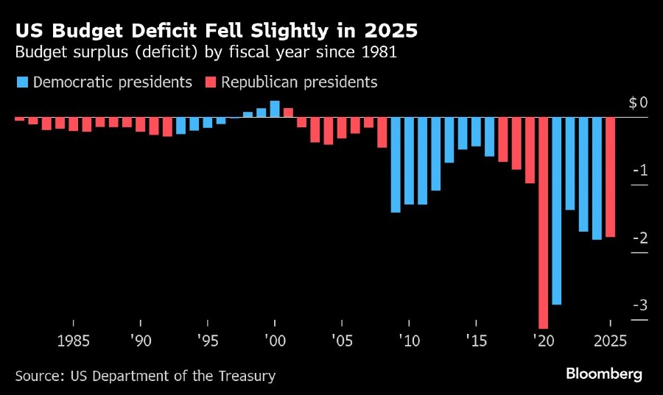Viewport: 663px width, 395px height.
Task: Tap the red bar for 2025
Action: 611,177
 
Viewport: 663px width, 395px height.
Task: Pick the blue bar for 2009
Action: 396,165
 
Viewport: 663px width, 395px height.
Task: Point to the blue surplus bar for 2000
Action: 275,109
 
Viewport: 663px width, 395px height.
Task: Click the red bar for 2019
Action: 530,150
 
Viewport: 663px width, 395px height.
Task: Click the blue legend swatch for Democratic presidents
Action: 21,82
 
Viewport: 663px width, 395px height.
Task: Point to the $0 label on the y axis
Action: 638,103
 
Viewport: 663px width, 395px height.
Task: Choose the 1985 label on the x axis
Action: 73,341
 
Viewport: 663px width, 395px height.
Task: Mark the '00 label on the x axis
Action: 275,341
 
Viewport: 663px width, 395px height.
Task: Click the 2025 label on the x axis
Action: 610,341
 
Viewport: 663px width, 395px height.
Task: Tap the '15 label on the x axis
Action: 476,341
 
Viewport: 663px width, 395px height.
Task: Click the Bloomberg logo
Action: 603,374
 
